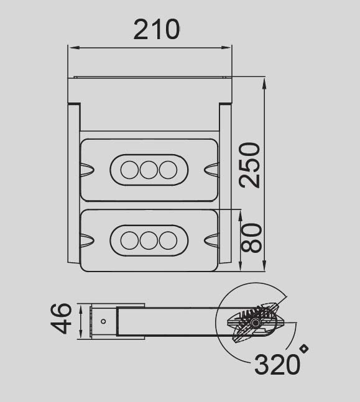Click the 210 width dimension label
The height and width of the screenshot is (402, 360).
[157, 29]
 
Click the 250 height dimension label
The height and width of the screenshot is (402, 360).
[250, 165]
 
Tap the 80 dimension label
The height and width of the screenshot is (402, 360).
[251, 238]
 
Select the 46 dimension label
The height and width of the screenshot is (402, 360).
[62, 319]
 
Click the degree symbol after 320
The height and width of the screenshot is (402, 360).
[304, 349]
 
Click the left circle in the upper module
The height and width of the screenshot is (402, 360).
[129, 170]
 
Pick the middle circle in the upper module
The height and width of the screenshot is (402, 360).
[149, 170]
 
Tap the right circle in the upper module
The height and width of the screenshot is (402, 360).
[168, 170]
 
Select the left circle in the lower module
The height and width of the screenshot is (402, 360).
[129, 240]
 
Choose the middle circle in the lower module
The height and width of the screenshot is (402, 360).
[149, 240]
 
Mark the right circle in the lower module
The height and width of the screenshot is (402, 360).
[168, 240]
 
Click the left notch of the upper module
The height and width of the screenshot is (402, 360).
[86, 169]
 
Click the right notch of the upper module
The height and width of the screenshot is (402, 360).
[211, 169]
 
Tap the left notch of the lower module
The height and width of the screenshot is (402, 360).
[86, 239]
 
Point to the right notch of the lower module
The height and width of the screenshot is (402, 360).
[211, 239]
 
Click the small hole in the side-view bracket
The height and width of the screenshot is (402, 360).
[103, 321]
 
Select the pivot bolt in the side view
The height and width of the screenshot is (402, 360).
[256, 324]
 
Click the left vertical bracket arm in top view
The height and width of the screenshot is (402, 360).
[74, 183]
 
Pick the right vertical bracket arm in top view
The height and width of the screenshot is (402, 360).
[225, 183]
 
